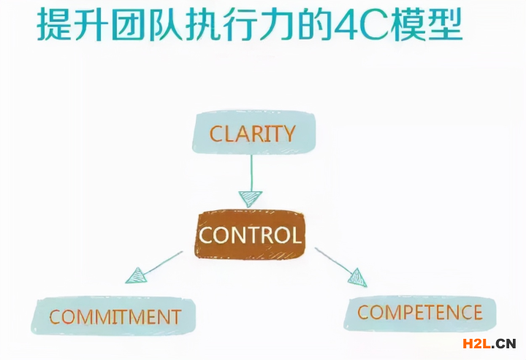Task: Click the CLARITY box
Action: (x=253, y=132)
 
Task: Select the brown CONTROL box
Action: (x=250, y=235)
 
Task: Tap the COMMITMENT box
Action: (x=115, y=316)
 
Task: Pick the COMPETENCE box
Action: (x=420, y=313)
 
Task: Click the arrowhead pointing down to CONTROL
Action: (x=251, y=198)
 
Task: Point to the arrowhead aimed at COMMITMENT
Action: (x=136, y=275)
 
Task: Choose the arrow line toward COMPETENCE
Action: (x=332, y=260)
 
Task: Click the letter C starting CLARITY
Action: (x=216, y=134)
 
